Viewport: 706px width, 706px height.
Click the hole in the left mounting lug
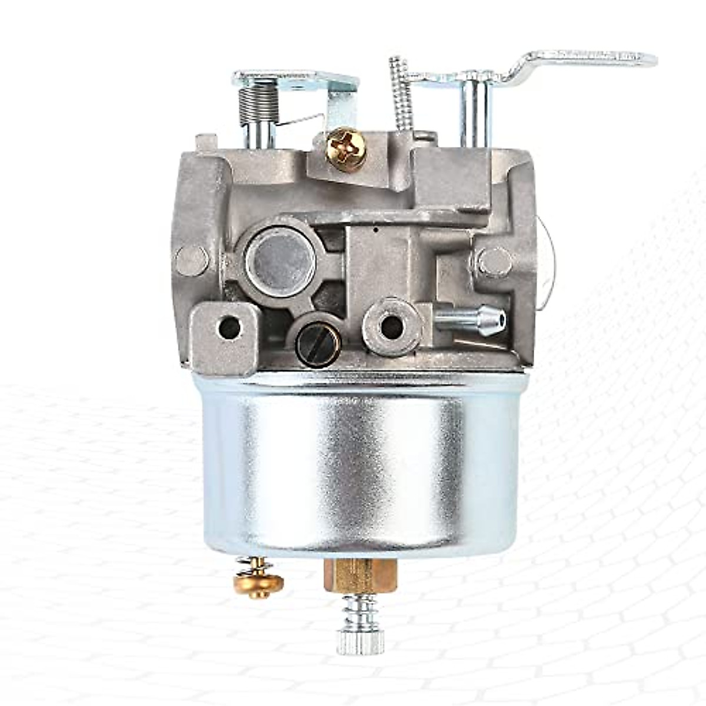(229, 328)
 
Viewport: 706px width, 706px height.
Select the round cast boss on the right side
(493, 259)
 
